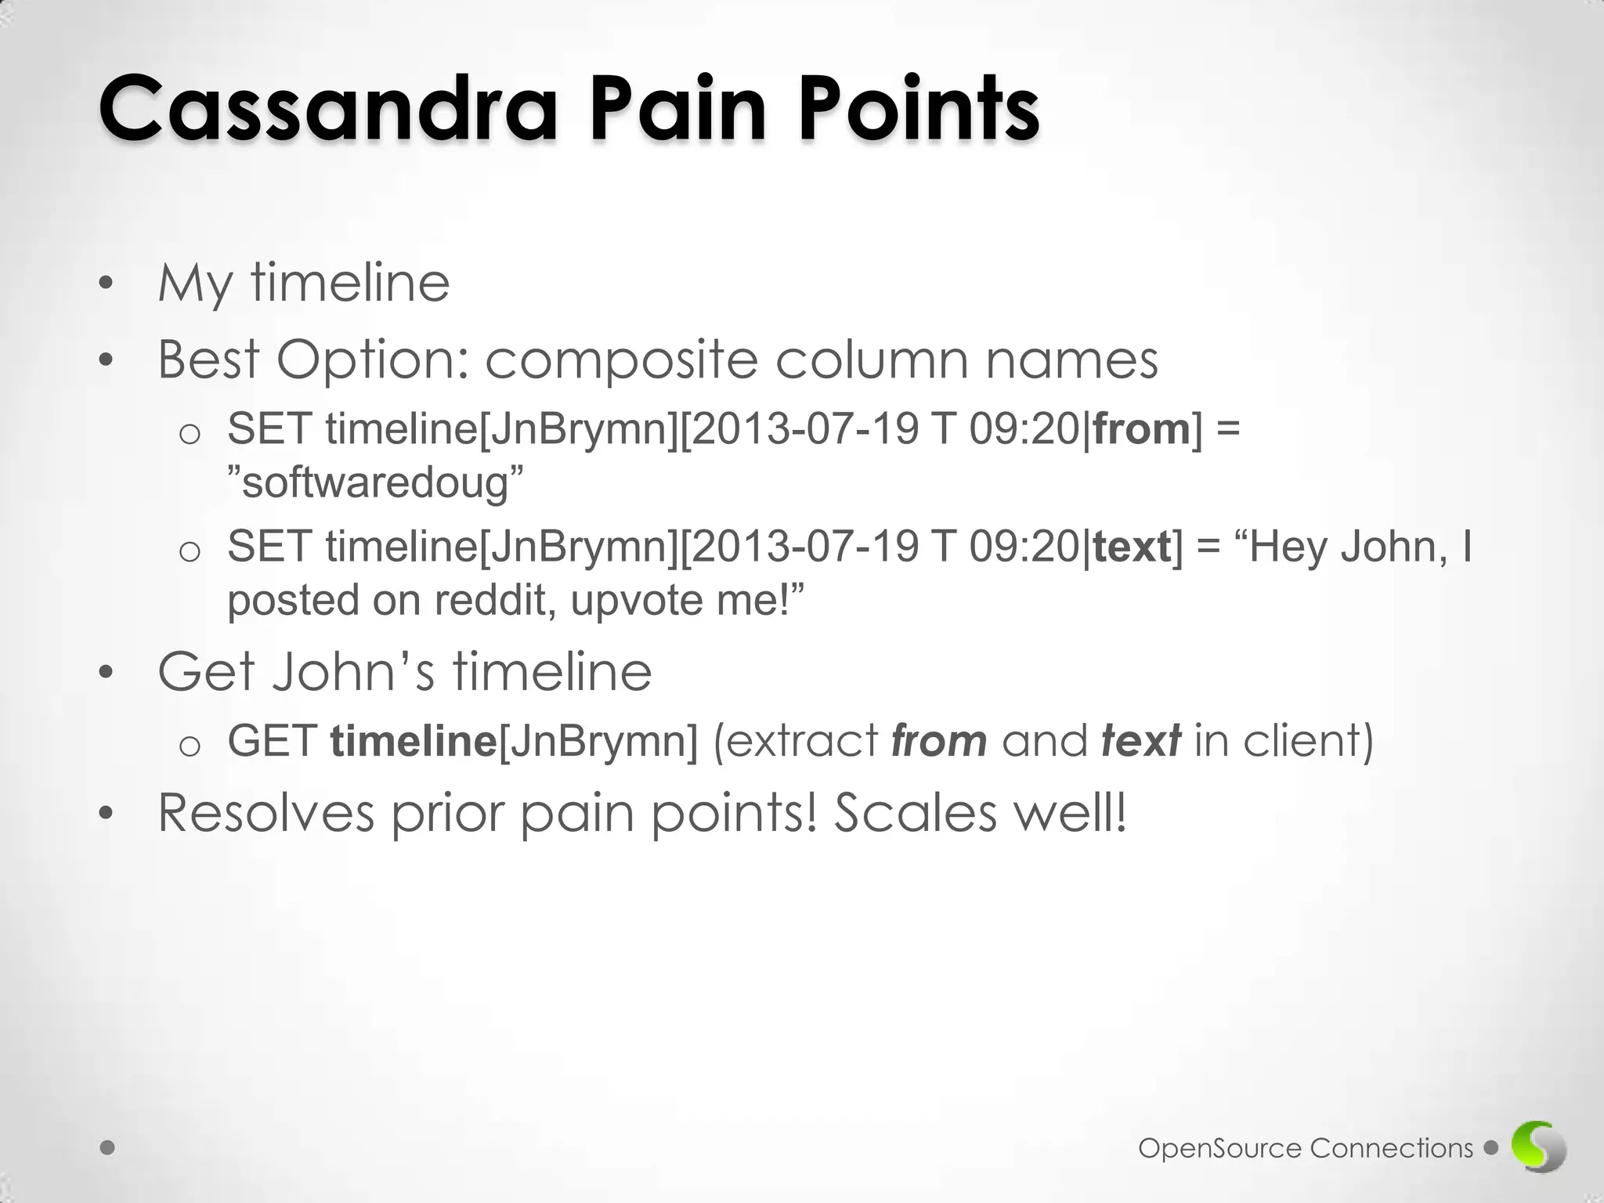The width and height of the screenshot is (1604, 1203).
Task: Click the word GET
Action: pos(272,741)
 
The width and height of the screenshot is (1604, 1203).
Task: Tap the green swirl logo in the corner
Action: pos(1538,1147)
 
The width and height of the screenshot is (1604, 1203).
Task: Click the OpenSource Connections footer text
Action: pos(1306,1148)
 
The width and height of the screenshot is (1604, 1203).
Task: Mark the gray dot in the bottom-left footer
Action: pos(108,1148)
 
